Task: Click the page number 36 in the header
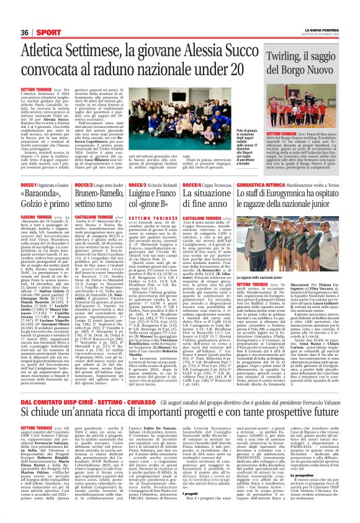(25, 32)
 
